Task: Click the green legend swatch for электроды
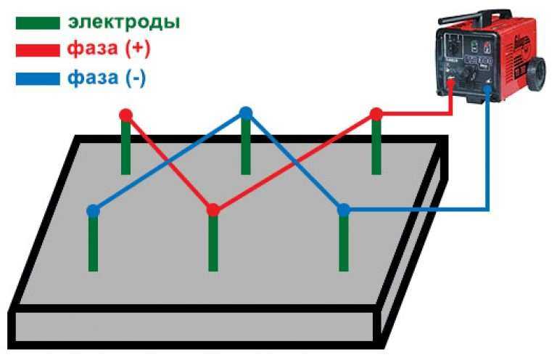tap(38, 23)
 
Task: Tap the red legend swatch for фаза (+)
tap(38, 50)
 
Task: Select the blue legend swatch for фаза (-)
tap(38, 79)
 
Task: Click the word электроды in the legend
tap(124, 22)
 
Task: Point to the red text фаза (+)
tap(109, 49)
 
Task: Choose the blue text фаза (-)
tap(107, 78)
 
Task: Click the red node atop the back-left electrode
tap(125, 115)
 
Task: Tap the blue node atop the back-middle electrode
tap(246, 113)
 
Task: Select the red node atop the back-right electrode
tap(376, 115)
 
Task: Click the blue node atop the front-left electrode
tap(93, 211)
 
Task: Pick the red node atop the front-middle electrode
tap(213, 210)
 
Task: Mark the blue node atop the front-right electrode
tap(344, 210)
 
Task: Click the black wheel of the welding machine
tap(536, 75)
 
